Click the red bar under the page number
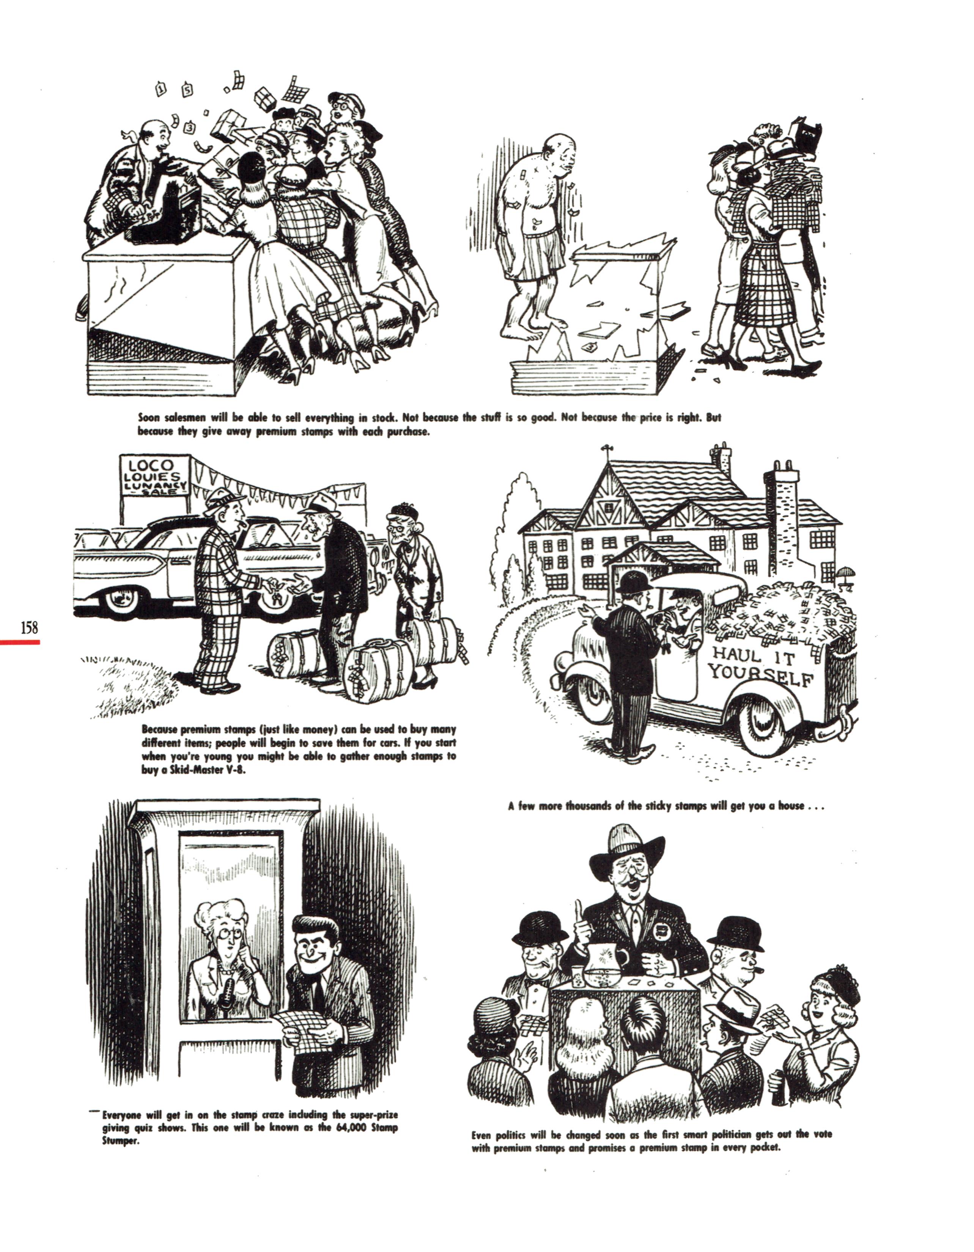(20, 642)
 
